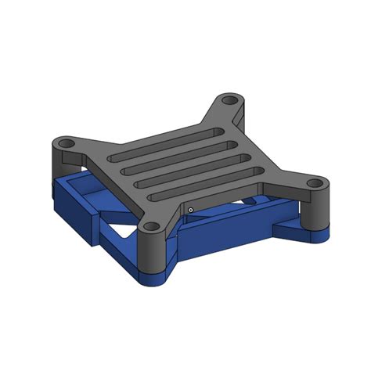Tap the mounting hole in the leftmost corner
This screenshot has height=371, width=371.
click(66, 144)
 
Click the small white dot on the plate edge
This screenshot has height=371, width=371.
click(190, 210)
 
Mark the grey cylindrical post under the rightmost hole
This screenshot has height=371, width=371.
click(316, 210)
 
